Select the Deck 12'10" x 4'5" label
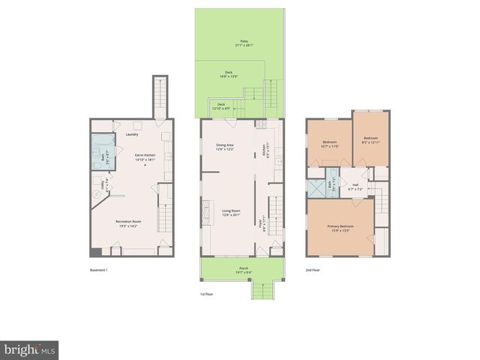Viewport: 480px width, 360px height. [221, 106]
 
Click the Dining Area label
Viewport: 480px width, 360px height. [226, 147]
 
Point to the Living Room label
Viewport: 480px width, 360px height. [230, 212]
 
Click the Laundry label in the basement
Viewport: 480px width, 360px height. [132, 135]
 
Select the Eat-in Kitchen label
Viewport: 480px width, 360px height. [144, 157]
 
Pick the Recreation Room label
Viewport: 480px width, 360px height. [128, 223]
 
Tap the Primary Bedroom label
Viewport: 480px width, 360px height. [340, 227]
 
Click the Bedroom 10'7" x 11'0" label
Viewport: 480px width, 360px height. [330, 144]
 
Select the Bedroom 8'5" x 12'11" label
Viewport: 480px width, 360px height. [371, 140]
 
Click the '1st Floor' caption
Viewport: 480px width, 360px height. [208, 294]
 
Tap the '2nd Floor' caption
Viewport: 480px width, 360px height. [313, 270]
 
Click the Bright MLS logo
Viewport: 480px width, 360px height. [30, 349]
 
